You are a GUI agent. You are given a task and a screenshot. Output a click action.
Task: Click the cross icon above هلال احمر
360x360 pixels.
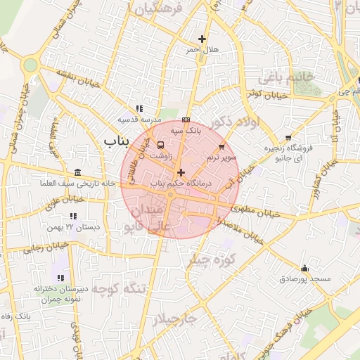click(202, 39)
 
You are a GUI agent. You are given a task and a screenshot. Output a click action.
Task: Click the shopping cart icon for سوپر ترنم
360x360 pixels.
click(222, 147)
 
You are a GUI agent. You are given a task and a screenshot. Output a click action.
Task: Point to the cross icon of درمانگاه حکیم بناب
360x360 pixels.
click(181, 172)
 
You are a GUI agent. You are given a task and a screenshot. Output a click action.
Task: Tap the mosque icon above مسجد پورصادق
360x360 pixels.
click(304, 268)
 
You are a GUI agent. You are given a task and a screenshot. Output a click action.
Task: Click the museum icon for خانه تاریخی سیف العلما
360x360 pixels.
click(77, 173)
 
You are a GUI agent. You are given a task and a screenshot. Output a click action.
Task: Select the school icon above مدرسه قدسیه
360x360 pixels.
click(139, 108)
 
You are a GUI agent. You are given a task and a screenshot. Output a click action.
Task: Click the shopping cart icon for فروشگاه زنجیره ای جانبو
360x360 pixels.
click(288, 138)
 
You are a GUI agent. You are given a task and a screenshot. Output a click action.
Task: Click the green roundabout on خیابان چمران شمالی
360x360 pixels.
click(30, 65)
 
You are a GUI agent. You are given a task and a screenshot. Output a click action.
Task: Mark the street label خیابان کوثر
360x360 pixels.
click(267, 94)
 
